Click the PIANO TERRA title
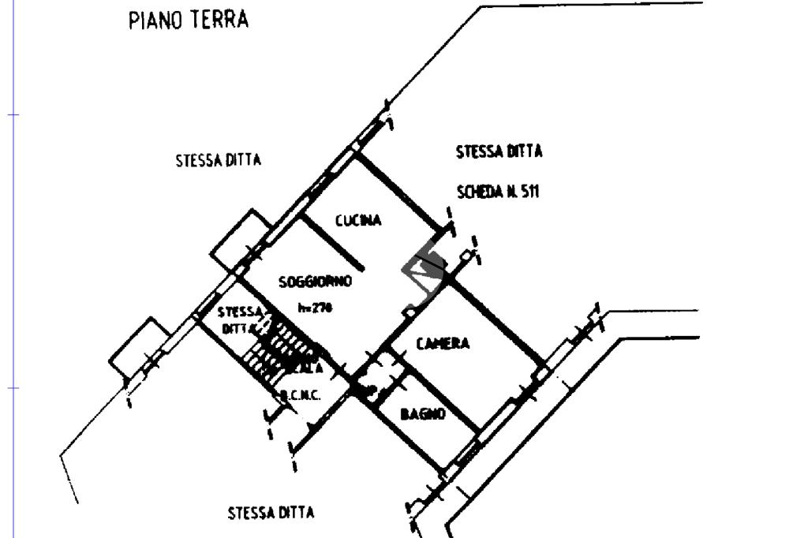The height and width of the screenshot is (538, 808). click(x=188, y=20)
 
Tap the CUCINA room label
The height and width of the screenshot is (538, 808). click(x=358, y=220)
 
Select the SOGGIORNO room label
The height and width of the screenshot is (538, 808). click(x=315, y=282)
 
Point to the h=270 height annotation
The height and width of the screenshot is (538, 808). click(x=315, y=308)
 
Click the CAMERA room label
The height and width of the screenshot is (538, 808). click(x=443, y=343)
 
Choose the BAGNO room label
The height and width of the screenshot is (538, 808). click(x=423, y=413)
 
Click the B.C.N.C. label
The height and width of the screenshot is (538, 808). click(x=300, y=395)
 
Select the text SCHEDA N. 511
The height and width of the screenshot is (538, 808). click(x=498, y=191)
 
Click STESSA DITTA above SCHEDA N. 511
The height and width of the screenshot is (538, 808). click(x=499, y=151)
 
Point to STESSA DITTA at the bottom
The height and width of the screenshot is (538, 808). click(x=271, y=513)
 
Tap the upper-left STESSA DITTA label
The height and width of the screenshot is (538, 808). click(x=218, y=160)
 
